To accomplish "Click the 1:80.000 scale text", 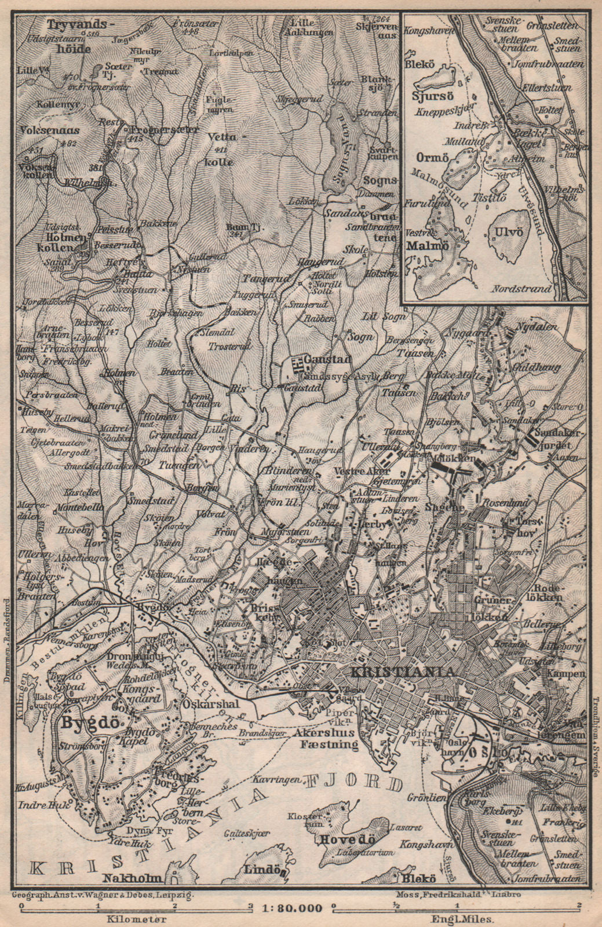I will point(291,907).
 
